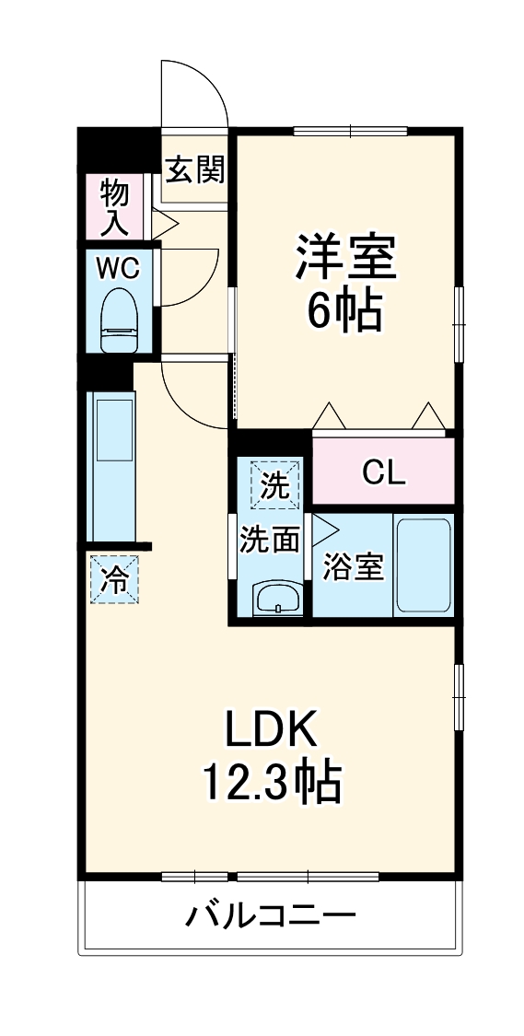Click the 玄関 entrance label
click(195, 169)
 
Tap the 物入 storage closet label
click(114, 207)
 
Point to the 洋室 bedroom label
click(345, 258)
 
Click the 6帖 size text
click(344, 313)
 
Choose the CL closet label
click(383, 472)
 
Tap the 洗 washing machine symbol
click(275, 484)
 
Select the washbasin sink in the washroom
click(275, 599)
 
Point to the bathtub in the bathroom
click(423, 566)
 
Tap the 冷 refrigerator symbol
click(114, 579)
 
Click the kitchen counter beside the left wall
click(111, 466)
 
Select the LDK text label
click(272, 729)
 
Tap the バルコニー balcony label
click(272, 916)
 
